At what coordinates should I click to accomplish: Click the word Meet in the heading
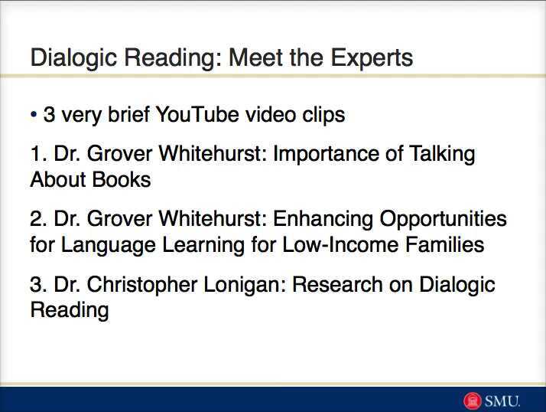pos(258,58)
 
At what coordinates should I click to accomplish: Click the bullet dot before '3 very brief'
pos(34,115)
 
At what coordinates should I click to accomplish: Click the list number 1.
pos(37,155)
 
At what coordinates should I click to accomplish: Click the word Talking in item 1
pos(442,155)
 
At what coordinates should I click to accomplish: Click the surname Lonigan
pos(247,285)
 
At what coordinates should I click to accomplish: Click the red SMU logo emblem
pos(473,401)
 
